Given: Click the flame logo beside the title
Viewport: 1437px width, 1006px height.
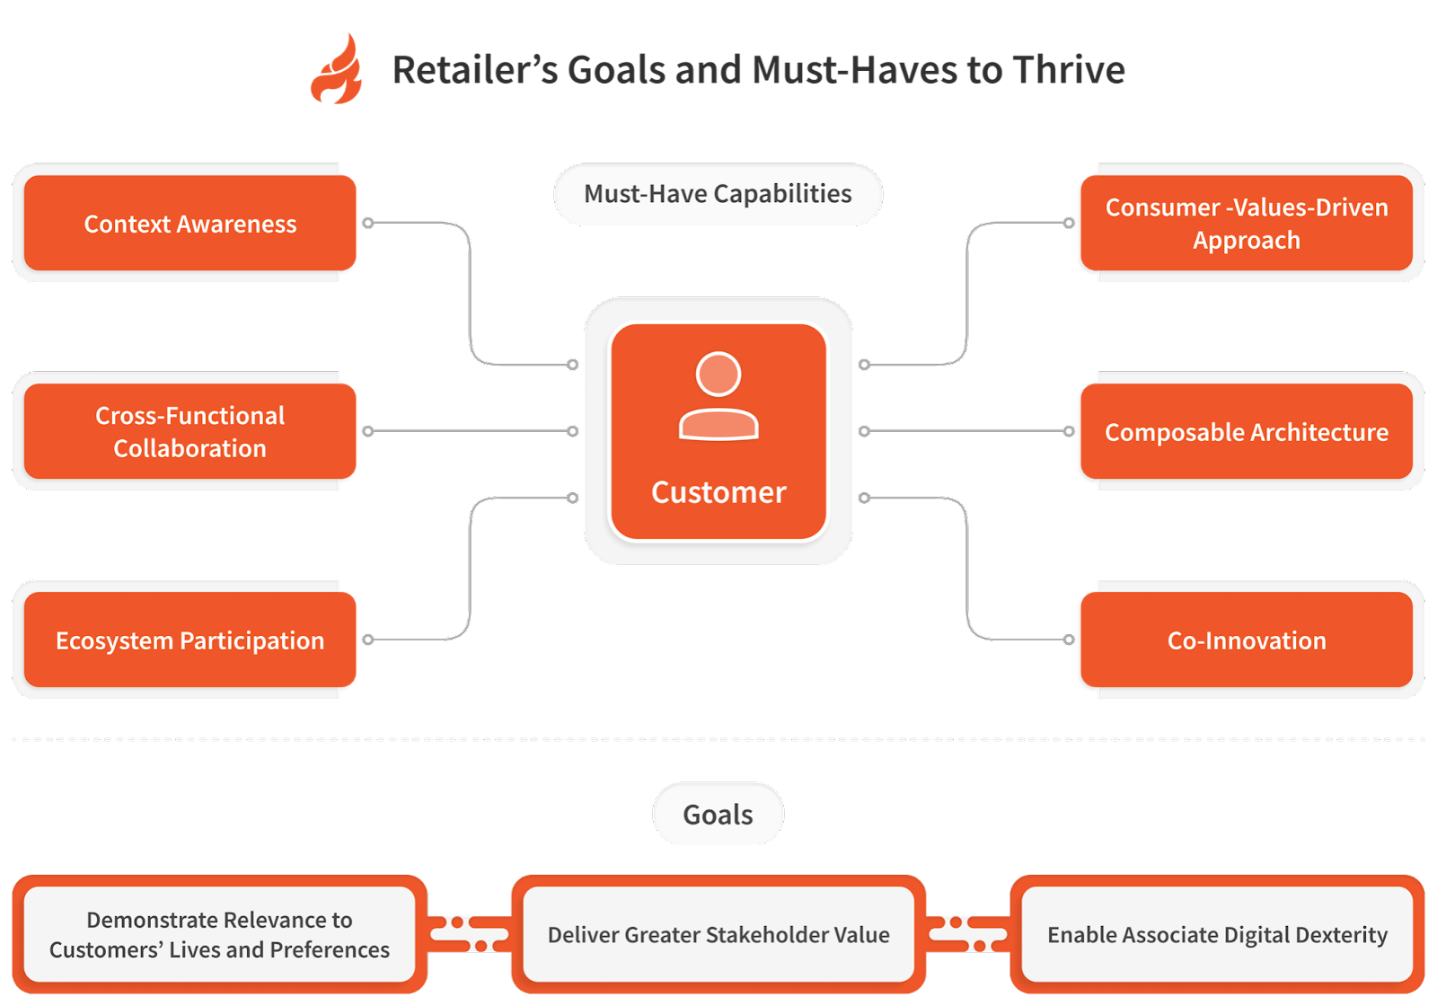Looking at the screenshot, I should click(x=337, y=70).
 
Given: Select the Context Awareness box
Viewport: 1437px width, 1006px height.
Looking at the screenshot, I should click(x=190, y=223).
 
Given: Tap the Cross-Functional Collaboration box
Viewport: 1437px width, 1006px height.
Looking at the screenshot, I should click(x=190, y=431).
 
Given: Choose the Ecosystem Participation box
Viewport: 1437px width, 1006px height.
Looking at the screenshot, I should click(x=190, y=640).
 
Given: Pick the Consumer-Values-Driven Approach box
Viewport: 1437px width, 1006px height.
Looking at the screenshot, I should click(x=1246, y=223).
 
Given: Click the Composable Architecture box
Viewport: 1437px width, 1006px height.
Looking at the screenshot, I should click(x=1246, y=431).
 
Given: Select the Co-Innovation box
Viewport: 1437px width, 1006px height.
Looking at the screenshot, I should click(x=1246, y=640).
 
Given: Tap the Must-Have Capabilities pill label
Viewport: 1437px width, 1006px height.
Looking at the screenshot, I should click(x=718, y=193).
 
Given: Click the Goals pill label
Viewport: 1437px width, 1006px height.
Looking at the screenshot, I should click(x=718, y=814).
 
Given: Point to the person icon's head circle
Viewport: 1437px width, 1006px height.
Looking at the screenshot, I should click(x=718, y=374).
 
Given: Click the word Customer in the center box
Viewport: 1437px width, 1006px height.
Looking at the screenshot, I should click(x=718, y=492).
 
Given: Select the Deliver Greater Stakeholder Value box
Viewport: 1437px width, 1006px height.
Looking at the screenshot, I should click(x=718, y=934).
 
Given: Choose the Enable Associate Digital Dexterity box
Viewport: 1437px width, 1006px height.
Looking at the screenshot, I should click(x=1217, y=934).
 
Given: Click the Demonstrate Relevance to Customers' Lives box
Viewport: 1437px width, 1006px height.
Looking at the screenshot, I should click(x=219, y=934).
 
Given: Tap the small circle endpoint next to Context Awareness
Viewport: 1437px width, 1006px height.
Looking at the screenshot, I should click(x=368, y=223).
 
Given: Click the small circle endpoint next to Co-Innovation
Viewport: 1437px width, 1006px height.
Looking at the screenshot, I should click(x=1069, y=640).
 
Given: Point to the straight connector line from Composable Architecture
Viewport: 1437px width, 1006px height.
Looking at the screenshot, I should click(x=965, y=431).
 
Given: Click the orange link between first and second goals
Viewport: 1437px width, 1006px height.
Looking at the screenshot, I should click(x=469, y=934).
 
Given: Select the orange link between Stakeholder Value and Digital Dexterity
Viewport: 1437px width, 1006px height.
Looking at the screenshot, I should click(x=968, y=934).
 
